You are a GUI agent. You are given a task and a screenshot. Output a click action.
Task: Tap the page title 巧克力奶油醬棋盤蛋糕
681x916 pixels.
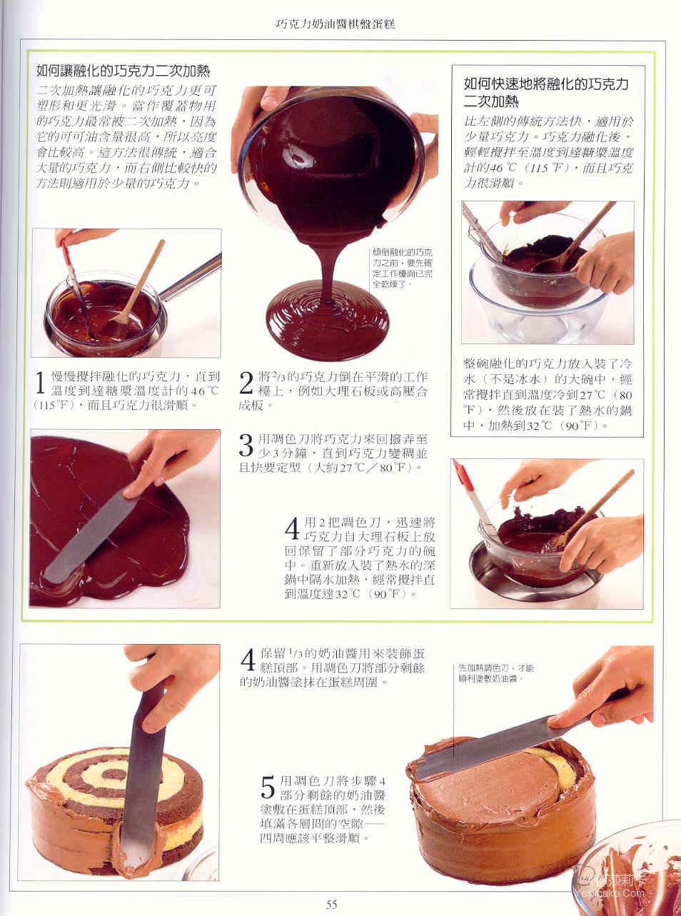[336, 24]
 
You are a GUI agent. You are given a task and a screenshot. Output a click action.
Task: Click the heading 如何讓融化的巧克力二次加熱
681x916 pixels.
[123, 71]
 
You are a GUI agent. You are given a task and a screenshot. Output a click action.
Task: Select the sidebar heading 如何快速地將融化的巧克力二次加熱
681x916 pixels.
[546, 93]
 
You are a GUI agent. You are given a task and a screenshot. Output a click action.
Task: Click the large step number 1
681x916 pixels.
[40, 383]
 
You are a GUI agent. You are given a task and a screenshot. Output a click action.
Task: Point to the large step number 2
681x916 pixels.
[246, 383]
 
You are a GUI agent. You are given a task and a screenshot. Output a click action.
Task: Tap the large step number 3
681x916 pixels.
[246, 446]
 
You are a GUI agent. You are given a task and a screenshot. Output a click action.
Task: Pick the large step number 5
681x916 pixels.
[268, 787]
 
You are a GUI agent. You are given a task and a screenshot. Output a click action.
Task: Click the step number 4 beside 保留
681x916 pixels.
[248, 660]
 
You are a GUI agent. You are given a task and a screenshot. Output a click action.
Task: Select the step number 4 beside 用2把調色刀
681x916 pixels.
[292, 528]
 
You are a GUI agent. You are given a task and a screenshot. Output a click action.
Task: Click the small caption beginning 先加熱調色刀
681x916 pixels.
[496, 673]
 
